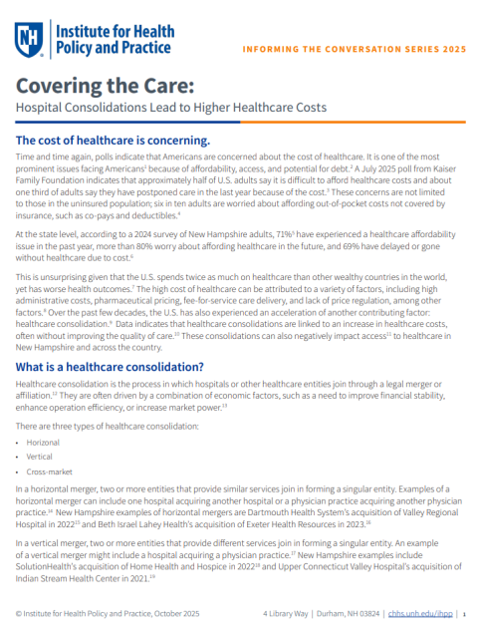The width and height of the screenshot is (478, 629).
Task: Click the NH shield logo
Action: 29,38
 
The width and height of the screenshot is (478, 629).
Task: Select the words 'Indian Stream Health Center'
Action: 75,576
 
